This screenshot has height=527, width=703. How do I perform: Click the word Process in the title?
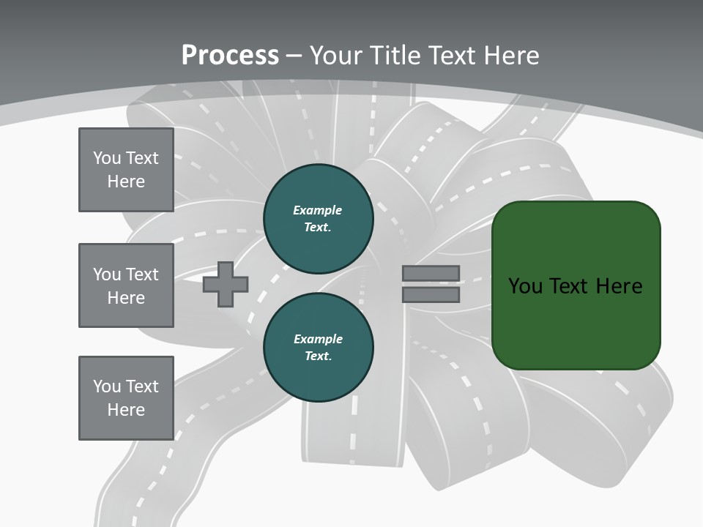[230, 56]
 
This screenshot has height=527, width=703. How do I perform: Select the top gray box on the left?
[126, 170]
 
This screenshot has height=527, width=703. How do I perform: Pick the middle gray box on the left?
[126, 285]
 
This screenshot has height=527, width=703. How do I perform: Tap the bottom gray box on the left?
[126, 398]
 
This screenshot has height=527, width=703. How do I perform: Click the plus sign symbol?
[226, 285]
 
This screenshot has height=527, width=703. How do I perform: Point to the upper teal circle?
[318, 219]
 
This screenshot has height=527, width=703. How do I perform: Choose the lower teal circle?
[318, 348]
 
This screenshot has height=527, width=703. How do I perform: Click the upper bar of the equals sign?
[431, 274]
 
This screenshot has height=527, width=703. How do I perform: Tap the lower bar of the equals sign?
[431, 295]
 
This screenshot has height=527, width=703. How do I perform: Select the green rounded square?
[576, 285]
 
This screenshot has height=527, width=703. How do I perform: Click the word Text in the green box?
[570, 286]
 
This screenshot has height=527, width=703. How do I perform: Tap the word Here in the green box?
[619, 286]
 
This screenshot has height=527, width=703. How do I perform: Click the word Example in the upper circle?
[318, 210]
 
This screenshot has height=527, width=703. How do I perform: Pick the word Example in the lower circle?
[318, 339]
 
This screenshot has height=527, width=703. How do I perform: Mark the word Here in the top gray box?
[126, 182]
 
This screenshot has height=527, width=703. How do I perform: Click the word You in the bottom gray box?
[107, 386]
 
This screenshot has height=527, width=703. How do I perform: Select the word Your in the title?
[335, 56]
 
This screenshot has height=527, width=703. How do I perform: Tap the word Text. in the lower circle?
[318, 356]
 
